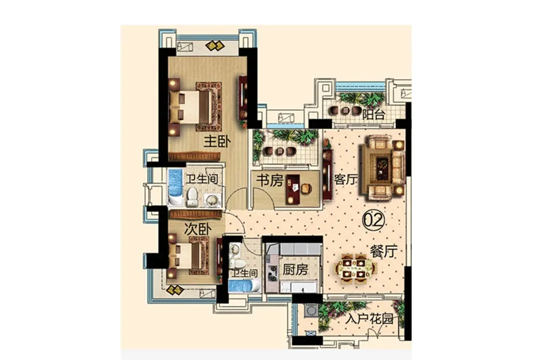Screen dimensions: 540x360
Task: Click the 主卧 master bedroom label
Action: coord(217,141)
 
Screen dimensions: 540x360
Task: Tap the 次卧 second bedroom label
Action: coord(197,229)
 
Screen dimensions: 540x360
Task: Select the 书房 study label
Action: coord(269,180)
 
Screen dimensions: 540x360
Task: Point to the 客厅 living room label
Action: coord(346,179)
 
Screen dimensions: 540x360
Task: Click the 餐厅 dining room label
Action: coord(383,251)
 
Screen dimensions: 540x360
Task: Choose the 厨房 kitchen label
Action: coord(295,269)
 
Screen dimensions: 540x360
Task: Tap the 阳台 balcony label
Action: coord(373,115)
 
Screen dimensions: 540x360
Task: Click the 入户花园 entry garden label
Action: coord(369,319)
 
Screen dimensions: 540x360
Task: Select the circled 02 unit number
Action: coord(374,220)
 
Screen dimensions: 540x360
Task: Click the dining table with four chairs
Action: coord(354,268)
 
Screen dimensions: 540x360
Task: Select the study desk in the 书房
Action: coord(293,189)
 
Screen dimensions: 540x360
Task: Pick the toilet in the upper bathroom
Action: coord(192,197)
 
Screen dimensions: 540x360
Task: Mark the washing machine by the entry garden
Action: coord(311,310)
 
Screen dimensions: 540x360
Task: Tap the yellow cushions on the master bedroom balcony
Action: coord(215,46)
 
